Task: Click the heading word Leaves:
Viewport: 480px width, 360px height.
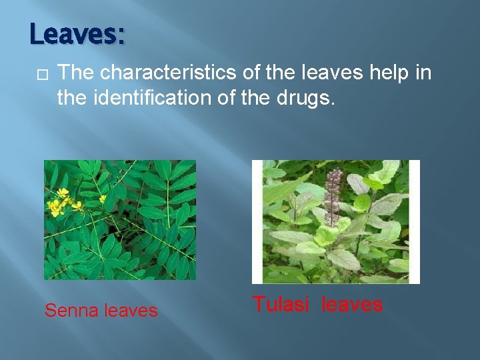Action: click(77, 34)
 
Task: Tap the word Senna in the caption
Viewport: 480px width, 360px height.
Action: click(71, 311)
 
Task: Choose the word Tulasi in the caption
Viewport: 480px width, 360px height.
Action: click(281, 305)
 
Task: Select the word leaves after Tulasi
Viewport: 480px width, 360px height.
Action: click(352, 305)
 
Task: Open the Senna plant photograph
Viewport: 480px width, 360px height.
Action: click(120, 220)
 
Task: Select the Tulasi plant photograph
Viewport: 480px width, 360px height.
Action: click(335, 222)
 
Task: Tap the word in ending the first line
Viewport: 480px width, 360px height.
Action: click(423, 73)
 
